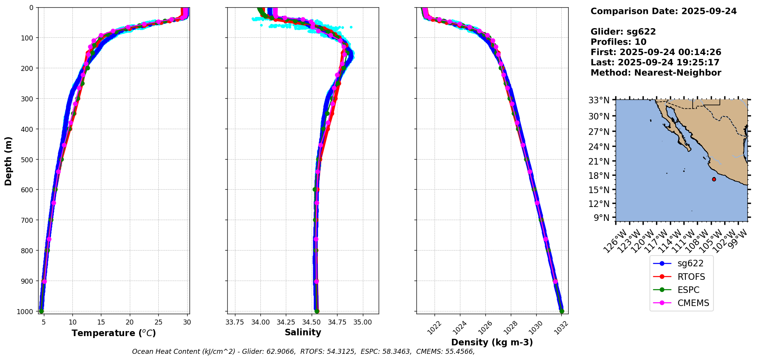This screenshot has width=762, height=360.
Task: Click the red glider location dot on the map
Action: pyautogui.click(x=714, y=179)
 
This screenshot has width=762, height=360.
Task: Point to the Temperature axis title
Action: pyautogui.click(x=114, y=333)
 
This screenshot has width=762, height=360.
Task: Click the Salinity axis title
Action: pyautogui.click(x=303, y=332)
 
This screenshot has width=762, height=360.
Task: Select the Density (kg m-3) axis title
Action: pyautogui.click(x=492, y=342)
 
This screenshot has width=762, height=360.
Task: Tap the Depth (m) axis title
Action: pyautogui.click(x=8, y=161)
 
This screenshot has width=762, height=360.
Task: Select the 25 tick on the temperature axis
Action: pyautogui.click(x=158, y=322)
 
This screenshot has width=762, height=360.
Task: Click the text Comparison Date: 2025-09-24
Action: pyautogui.click(x=663, y=11)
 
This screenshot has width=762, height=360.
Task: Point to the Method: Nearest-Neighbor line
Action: pyautogui.click(x=656, y=73)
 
